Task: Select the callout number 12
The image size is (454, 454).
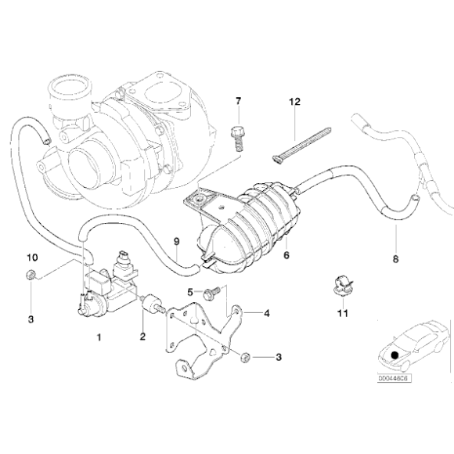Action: click(x=295, y=102)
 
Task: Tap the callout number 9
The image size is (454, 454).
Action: click(x=176, y=240)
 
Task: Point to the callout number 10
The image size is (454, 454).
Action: click(x=31, y=257)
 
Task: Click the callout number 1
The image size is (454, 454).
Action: click(x=99, y=337)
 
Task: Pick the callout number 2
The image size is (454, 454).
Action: click(x=142, y=337)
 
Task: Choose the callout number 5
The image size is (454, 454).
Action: click(x=190, y=292)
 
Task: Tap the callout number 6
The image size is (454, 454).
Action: click(x=286, y=254)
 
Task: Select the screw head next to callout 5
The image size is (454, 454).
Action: click(x=210, y=293)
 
